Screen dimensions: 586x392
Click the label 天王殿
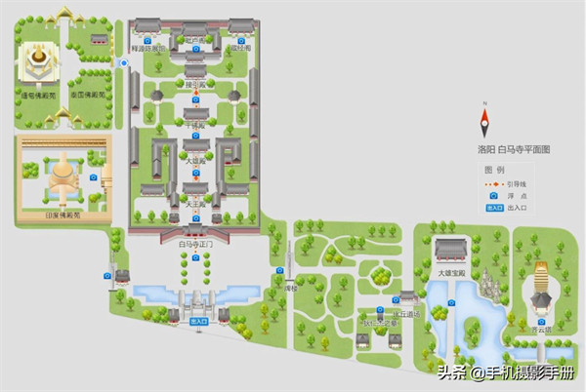point(195,204)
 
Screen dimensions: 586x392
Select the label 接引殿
point(195,84)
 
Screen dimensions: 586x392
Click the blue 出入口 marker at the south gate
point(199,319)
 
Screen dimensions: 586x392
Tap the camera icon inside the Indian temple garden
point(94,177)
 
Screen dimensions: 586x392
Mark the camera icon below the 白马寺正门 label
point(195,257)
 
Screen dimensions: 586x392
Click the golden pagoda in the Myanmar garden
point(40,60)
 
